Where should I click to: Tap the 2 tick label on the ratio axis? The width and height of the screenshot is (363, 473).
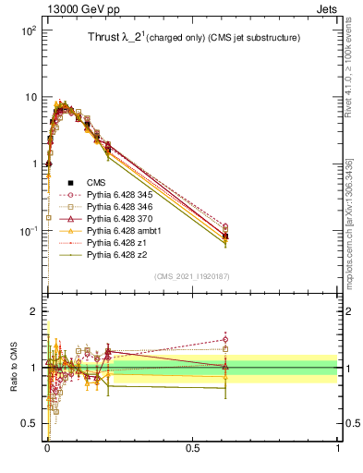pos(36,312)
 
